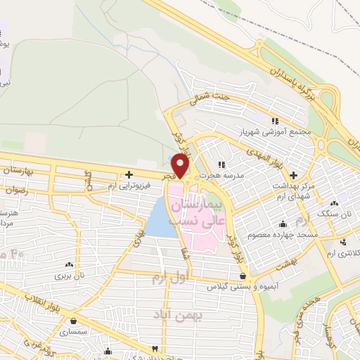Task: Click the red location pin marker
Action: click(x=181, y=166)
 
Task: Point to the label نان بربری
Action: click(x=69, y=276)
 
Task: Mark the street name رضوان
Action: click(x=15, y=190)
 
